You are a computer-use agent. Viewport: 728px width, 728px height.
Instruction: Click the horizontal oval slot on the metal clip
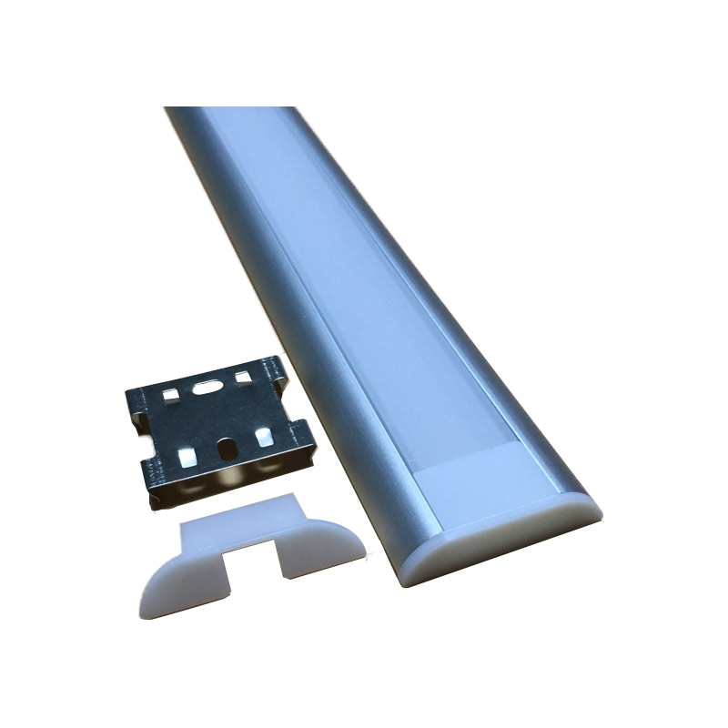(207, 385)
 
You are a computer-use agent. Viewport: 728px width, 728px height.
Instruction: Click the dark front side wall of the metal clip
(227, 478)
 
